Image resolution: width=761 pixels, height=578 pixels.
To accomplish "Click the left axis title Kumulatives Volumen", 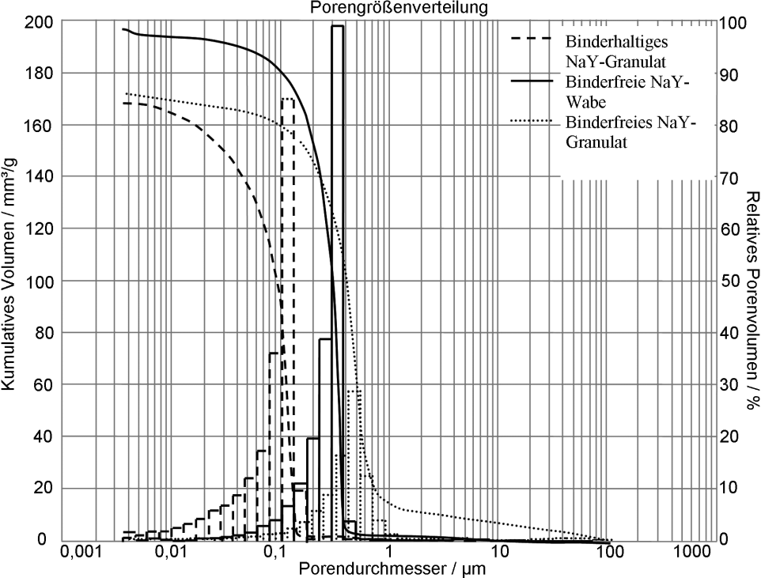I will [10, 281].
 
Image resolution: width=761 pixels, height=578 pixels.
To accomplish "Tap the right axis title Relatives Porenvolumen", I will [752, 300].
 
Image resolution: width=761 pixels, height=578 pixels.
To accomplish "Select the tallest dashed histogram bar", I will [288, 316].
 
